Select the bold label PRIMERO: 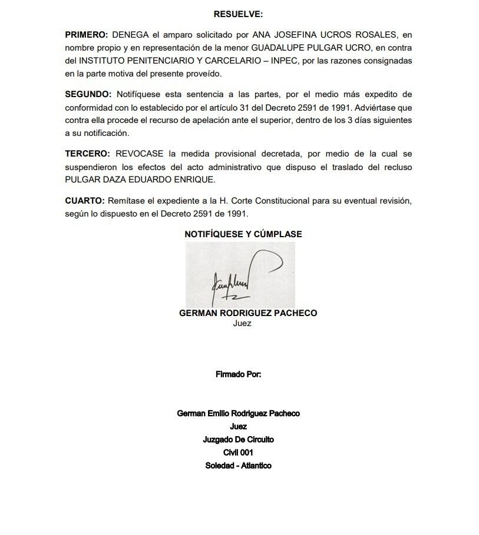(x=87, y=35)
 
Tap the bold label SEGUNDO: (x=88, y=94)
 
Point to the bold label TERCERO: (x=88, y=154)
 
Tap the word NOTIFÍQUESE (x=213, y=234)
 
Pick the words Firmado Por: (x=239, y=374)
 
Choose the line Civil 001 (x=238, y=453)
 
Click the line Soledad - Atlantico (x=238, y=466)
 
